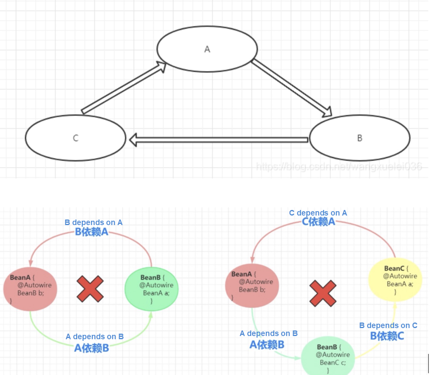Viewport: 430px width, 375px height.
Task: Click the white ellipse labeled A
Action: pos(207,49)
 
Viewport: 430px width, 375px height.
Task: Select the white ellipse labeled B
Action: pos(360,138)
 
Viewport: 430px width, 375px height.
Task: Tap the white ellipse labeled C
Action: pos(76,138)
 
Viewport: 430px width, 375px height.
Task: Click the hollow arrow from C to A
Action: pos(123,87)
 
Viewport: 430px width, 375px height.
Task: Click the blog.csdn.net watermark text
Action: pos(338,166)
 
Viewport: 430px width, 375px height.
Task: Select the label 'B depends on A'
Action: pos(94,222)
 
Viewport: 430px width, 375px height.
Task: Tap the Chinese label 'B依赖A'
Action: pos(92,232)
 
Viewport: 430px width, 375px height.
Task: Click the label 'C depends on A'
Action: pos(318,213)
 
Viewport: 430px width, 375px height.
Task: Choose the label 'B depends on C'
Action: pos(388,325)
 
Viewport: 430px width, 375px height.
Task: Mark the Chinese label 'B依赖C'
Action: pos(387,336)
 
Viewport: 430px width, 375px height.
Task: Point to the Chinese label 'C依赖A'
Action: pos(319,222)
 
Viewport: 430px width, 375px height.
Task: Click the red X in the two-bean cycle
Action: pos(90,289)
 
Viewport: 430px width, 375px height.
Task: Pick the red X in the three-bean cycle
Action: pos(323,293)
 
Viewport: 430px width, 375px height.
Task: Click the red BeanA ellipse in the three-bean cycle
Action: pos(252,286)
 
